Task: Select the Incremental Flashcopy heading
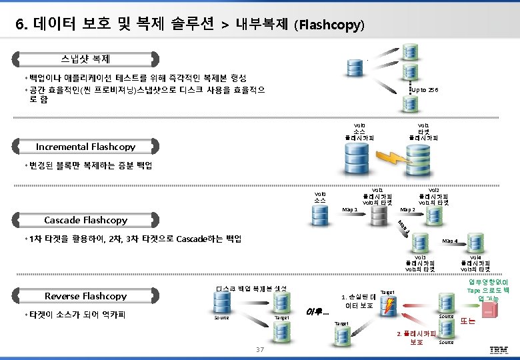(x=85, y=147)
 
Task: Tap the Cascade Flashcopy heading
(x=85, y=220)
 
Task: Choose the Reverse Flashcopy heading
(x=85, y=296)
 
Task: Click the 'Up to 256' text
(x=424, y=89)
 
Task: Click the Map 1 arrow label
(x=349, y=210)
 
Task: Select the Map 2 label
(x=407, y=210)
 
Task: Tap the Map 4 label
(x=449, y=241)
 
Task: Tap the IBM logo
(x=499, y=350)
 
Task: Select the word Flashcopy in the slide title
(x=332, y=26)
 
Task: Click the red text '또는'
(x=468, y=321)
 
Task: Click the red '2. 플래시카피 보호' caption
(x=416, y=337)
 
